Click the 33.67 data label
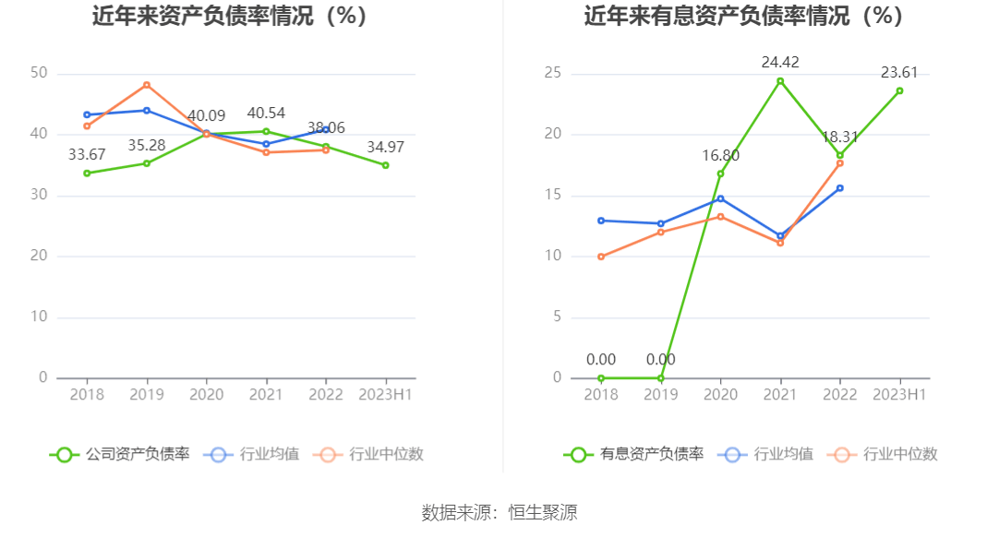(x=87, y=154)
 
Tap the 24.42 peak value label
(x=780, y=63)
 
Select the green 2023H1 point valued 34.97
(x=385, y=165)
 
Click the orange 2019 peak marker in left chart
(x=147, y=85)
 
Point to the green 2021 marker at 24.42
(x=780, y=81)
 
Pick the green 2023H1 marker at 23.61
(x=899, y=90)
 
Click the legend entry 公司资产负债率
(x=120, y=454)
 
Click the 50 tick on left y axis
(x=39, y=74)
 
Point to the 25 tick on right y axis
(x=553, y=74)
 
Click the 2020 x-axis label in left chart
(x=207, y=394)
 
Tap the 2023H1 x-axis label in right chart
(x=899, y=394)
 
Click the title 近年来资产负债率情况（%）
(x=230, y=16)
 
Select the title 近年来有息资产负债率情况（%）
(x=743, y=16)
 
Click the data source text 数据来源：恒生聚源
(x=499, y=513)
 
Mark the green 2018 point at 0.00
(x=601, y=377)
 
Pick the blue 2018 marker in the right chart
(x=601, y=221)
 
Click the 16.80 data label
(x=721, y=155)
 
